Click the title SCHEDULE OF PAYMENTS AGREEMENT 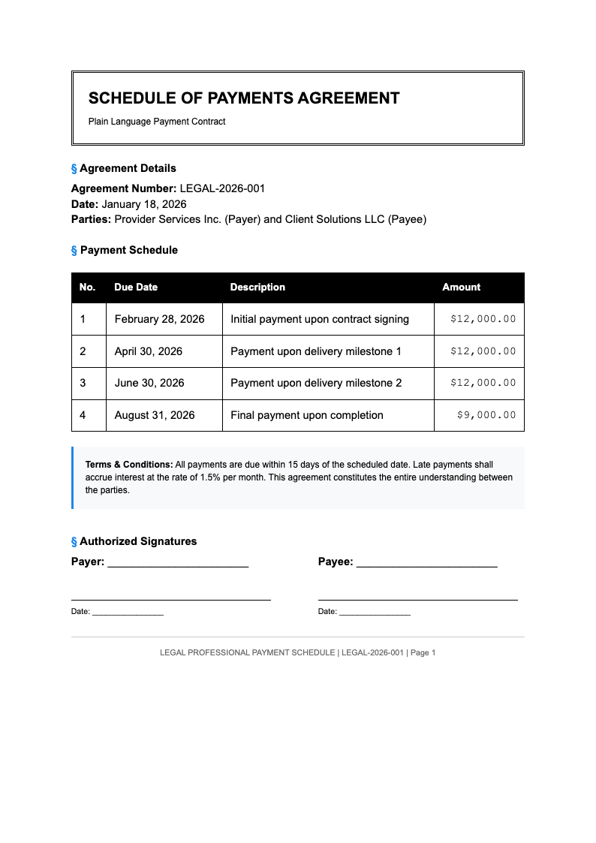[244, 98]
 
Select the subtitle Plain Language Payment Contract [157, 122]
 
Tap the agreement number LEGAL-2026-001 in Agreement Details [222, 188]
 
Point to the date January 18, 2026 [144, 204]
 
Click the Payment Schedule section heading [128, 250]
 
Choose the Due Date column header [136, 288]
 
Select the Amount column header [461, 288]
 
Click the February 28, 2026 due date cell [159, 319]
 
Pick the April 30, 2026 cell [148, 351]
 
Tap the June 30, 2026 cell [149, 383]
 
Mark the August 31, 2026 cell [155, 415]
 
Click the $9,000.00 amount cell [486, 415]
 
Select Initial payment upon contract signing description [320, 319]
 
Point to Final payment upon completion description [307, 415]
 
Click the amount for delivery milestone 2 [483, 383]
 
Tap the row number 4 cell [83, 415]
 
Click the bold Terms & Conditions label [129, 465]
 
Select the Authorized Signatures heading [138, 541]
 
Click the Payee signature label [336, 561]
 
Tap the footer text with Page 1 [297, 652]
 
